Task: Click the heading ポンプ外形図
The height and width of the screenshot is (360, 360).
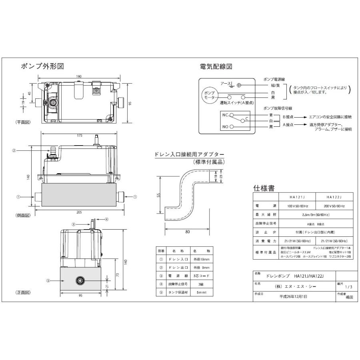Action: click(x=42, y=66)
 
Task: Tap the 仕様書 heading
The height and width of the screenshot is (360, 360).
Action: click(x=264, y=187)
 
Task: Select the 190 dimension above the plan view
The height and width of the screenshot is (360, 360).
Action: click(x=79, y=76)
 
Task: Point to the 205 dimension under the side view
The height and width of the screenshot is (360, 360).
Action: click(x=79, y=212)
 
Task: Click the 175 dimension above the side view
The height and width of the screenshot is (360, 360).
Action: click(x=80, y=136)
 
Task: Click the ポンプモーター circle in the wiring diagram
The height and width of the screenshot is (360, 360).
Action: click(x=210, y=95)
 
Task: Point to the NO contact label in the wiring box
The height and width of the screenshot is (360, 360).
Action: click(x=225, y=127)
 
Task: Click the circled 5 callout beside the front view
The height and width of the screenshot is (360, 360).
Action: click(x=48, y=281)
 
